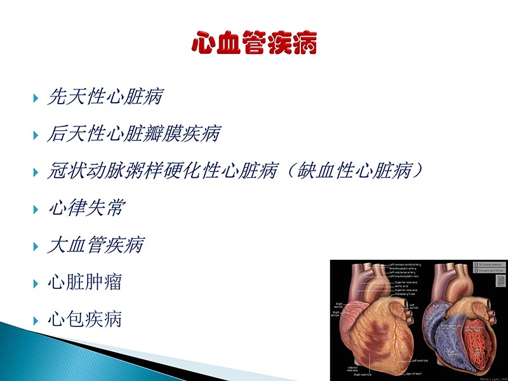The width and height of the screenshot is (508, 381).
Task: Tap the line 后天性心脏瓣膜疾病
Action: tap(134, 134)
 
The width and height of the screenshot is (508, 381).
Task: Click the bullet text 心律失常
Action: tap(86, 208)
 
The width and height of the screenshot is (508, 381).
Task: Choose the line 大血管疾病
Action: tap(96, 244)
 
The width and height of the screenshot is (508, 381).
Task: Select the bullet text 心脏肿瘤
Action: tap(84, 281)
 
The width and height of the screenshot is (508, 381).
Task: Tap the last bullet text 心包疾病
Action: tap(84, 318)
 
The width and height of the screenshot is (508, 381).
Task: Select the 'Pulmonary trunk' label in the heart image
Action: tap(404, 294)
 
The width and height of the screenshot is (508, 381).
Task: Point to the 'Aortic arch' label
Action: tap(402, 286)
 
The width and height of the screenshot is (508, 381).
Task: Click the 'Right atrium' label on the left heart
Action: tap(336, 313)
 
